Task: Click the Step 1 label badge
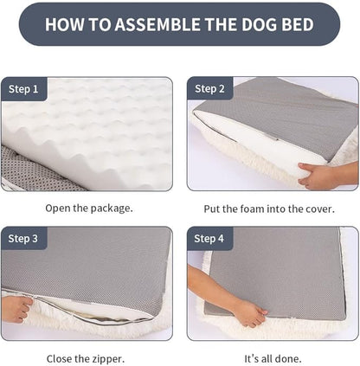pos(24,89)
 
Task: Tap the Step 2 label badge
pos(210,89)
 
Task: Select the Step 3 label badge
pos(24,239)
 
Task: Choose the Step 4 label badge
pos(210,239)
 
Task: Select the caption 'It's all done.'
pos(273,357)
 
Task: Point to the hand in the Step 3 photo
pos(15,307)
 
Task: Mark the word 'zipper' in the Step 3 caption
pos(106,357)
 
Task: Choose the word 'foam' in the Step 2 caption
pos(267,208)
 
